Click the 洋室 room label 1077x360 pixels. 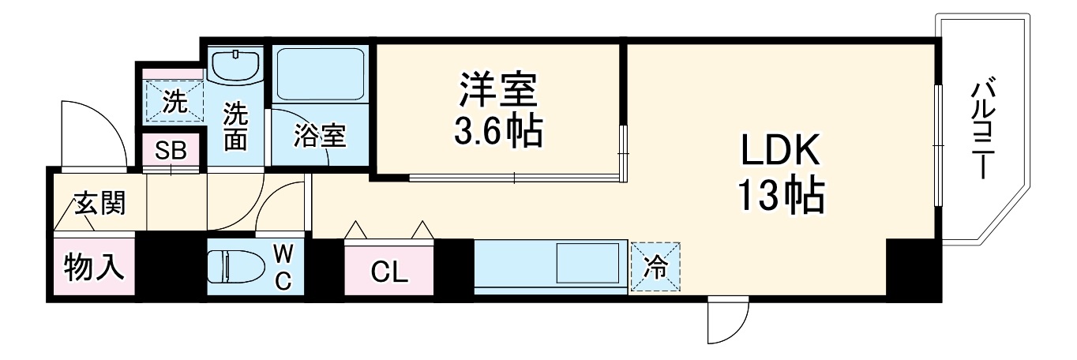point(497,91)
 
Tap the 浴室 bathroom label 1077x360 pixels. point(319,136)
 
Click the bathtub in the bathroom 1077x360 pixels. point(320,73)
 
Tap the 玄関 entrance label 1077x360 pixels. point(99,204)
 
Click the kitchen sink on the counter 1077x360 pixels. point(587,266)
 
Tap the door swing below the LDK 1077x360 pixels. point(726,320)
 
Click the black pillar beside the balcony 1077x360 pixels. point(913,268)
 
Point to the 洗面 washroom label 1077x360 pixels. point(235,126)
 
